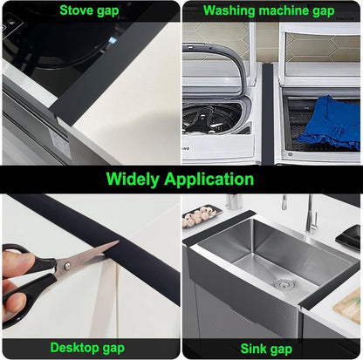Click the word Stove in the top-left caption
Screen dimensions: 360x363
(74, 10)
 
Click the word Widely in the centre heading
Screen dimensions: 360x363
(136, 180)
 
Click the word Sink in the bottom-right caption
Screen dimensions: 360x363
(253, 348)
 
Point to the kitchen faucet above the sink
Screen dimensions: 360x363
(306, 213)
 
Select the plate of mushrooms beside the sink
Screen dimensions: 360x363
(202, 214)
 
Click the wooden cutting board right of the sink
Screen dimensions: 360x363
(351, 302)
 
